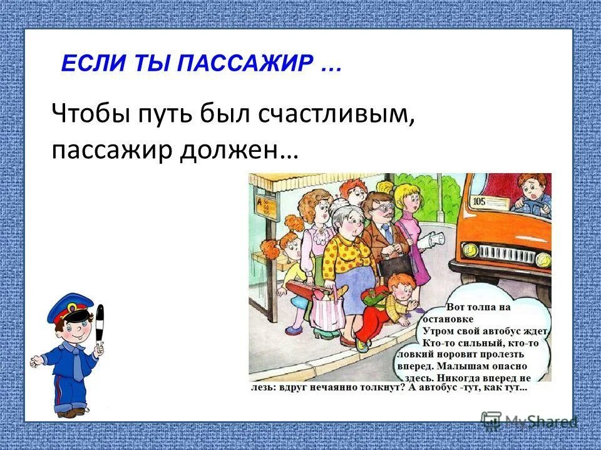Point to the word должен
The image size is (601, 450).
click(x=240, y=151)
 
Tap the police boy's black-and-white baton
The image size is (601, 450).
click(x=100, y=322)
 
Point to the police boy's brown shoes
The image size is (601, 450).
click(x=70, y=412)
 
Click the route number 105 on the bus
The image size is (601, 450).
click(x=480, y=201)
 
